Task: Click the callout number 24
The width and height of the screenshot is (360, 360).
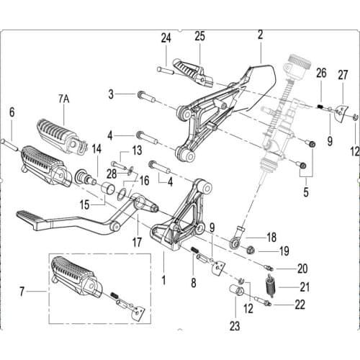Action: click(166, 38)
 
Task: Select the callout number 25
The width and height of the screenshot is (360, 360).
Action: click(199, 36)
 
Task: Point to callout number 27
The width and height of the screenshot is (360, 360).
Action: click(343, 73)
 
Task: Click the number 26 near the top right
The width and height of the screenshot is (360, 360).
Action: click(321, 72)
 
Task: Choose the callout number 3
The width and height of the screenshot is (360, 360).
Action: click(110, 94)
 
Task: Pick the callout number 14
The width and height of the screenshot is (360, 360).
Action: click(96, 149)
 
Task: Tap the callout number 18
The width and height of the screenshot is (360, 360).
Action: click(271, 236)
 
